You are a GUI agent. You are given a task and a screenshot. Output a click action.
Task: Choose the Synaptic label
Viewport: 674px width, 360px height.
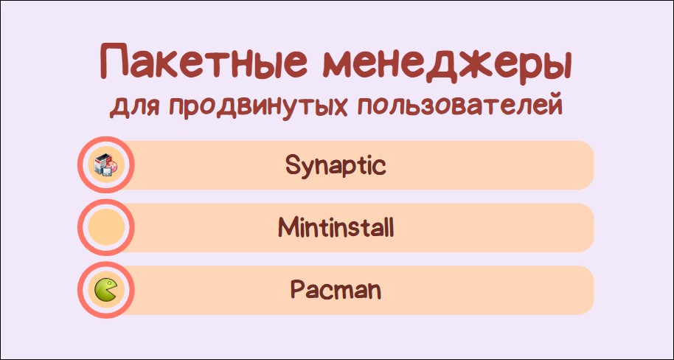336,165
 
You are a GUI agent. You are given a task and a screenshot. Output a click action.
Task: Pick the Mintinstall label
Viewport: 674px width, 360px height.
336,227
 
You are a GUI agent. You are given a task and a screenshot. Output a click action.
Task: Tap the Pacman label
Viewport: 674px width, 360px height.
336,290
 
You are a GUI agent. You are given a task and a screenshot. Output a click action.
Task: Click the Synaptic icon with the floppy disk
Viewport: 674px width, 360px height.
105,165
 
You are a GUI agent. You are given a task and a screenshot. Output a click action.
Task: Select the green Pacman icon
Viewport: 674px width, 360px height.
106,290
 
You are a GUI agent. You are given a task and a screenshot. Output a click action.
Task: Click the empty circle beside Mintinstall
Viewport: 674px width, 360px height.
105,227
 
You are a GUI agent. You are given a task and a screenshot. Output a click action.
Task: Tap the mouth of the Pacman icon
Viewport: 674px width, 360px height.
113,291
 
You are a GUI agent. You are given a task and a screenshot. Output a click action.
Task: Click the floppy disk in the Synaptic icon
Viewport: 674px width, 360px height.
107,172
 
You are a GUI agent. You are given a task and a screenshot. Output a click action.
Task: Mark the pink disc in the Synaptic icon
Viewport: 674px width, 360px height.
113,165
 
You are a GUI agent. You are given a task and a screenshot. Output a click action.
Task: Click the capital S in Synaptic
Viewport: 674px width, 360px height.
292,165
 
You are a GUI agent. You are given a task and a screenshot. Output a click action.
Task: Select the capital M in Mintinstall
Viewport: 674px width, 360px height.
288,227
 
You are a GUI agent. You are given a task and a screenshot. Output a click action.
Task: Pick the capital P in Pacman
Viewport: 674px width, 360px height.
297,290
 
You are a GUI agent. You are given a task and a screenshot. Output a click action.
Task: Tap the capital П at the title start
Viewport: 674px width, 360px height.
115,63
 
